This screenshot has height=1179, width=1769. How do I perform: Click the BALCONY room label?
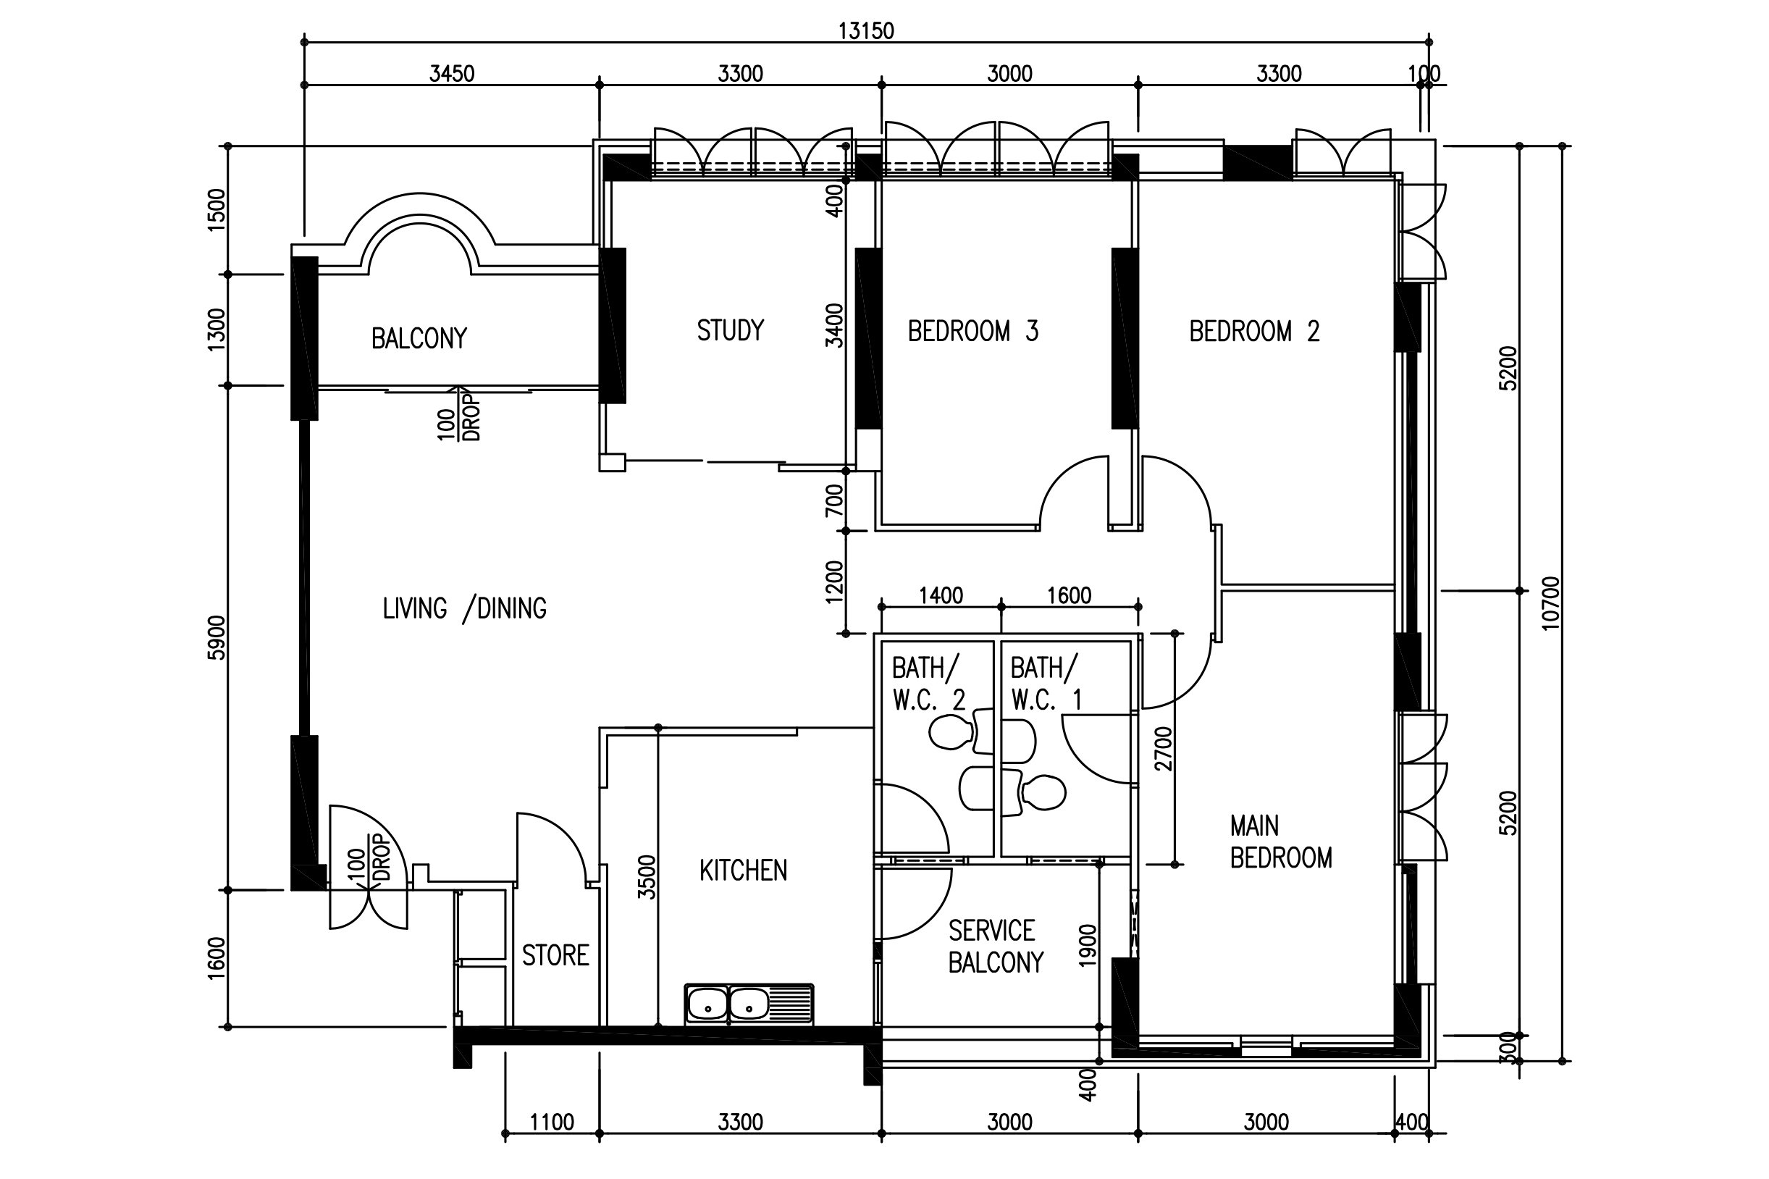point(419,338)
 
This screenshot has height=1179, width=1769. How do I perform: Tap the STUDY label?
point(730,331)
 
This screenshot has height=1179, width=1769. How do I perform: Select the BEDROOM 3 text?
point(972,331)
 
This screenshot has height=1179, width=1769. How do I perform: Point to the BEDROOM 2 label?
point(1254,331)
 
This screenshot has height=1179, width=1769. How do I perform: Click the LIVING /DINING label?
point(465,608)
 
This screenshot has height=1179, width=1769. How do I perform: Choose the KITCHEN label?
point(744,870)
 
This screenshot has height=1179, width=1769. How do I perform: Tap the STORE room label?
point(555,956)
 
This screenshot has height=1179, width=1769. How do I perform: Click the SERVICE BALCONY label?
point(996,947)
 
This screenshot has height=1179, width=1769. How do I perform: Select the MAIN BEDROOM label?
point(1281,842)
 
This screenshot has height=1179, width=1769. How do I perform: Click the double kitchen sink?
point(749,1004)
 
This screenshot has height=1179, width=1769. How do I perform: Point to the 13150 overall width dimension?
point(866,31)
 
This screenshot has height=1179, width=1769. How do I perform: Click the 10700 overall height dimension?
point(1551,603)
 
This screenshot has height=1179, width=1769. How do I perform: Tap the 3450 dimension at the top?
point(452,74)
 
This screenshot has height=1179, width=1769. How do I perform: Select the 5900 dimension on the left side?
point(217,637)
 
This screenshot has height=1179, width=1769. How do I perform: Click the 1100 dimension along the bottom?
point(552,1123)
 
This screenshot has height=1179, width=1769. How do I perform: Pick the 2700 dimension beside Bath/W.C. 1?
point(1163,749)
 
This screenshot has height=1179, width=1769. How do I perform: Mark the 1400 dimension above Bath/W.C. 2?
point(941,596)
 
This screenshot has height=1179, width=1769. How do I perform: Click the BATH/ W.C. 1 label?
point(1046,684)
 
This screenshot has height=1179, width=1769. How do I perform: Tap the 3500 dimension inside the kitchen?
point(647,877)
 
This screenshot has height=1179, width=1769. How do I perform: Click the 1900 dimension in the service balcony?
point(1088,945)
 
